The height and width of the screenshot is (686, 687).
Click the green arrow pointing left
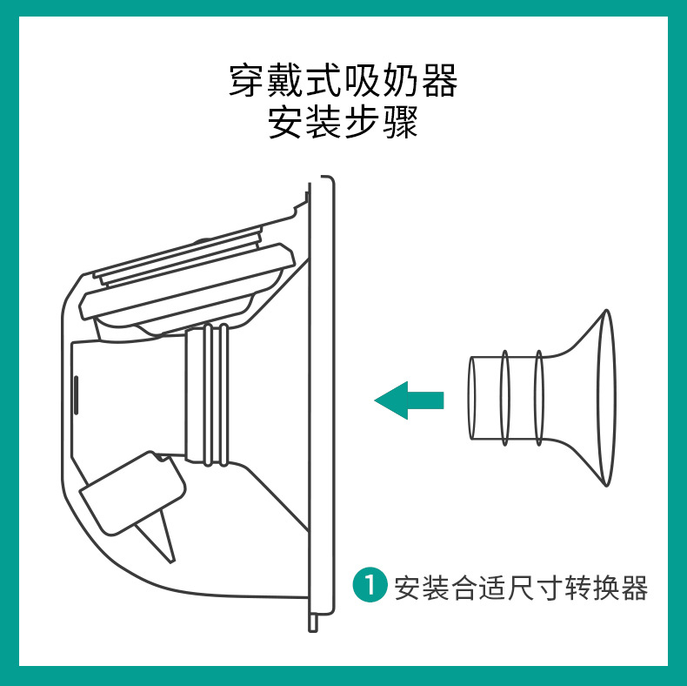tap(409, 400)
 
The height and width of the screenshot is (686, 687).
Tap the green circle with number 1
tap(370, 585)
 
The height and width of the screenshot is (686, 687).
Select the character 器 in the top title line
tap(439, 80)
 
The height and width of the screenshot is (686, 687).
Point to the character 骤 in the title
tap(401, 122)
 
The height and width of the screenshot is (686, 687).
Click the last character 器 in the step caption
tap(635, 588)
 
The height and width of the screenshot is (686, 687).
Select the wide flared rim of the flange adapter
tap(607, 398)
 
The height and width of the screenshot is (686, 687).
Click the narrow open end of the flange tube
tap(472, 398)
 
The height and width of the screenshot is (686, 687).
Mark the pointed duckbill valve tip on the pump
tap(172, 560)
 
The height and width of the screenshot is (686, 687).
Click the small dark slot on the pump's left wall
tap(76, 394)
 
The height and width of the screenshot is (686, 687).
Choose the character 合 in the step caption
tap(464, 588)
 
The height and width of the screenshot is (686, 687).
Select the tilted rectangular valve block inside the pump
tap(132, 493)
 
